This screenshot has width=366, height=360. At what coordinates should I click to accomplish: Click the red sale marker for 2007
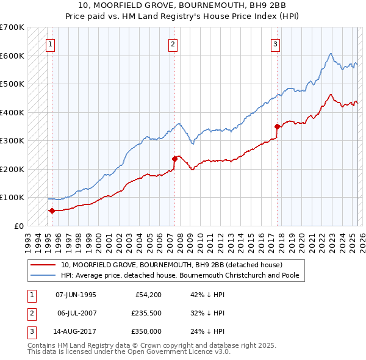tap(174, 159)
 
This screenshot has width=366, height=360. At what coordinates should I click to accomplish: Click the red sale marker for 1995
tap(52, 211)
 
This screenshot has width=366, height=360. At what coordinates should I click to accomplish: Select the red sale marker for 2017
tap(277, 126)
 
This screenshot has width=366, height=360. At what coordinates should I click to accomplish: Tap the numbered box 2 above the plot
tap(173, 44)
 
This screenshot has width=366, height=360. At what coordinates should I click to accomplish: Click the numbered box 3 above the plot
tap(276, 44)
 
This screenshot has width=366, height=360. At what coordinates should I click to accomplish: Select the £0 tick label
tap(18, 226)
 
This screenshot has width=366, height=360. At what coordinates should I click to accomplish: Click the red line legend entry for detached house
tap(171, 265)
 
